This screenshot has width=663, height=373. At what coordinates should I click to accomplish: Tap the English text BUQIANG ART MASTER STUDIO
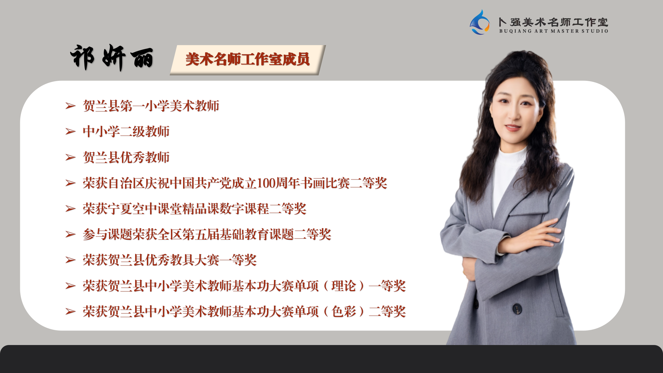tap(554, 31)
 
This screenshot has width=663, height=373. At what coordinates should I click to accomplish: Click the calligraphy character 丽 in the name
tap(142, 59)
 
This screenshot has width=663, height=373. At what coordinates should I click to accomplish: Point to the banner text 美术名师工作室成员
tap(248, 59)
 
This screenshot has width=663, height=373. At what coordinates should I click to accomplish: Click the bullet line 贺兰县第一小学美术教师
tap(151, 106)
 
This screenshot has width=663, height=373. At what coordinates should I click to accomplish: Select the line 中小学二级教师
tap(126, 132)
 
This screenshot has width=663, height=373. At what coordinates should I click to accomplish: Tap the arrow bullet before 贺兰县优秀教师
tap(70, 157)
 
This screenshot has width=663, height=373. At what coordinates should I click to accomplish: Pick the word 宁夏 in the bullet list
tap(120, 209)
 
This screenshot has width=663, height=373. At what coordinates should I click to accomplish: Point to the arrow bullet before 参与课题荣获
tap(70, 234)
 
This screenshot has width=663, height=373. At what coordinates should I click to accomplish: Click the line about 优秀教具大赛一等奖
tap(170, 260)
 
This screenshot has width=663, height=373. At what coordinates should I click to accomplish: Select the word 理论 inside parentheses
tap(344, 286)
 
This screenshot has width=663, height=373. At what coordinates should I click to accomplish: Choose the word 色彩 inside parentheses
tap(344, 311)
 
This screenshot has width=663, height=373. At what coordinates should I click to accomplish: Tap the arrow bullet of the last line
tap(70, 311)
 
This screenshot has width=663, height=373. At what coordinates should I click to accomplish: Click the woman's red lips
tap(513, 127)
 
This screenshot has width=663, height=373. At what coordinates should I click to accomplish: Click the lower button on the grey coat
tap(517, 309)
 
